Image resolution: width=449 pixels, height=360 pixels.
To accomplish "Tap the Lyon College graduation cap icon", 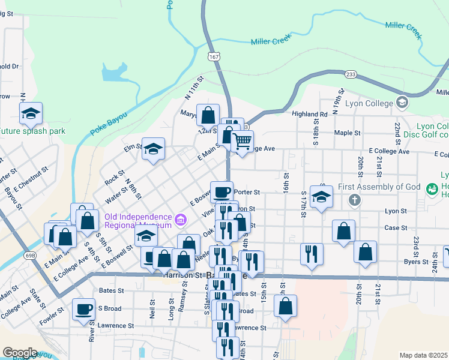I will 402,103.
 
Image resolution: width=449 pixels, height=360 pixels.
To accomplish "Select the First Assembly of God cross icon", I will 355,199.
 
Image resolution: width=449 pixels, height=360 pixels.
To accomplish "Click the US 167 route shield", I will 213,56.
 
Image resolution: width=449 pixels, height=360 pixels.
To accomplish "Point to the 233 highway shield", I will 351,74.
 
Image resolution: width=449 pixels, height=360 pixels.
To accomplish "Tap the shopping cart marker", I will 242,142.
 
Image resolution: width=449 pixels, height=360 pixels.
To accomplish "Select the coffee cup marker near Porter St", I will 221,191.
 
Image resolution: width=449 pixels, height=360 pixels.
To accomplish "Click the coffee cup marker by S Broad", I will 83,309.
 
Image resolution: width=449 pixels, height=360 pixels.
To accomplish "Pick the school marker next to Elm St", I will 153,148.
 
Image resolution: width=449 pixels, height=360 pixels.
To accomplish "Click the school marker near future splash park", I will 31,113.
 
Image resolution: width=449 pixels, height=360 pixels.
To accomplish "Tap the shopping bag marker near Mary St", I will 208,114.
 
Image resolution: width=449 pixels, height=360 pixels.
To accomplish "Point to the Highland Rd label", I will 309,114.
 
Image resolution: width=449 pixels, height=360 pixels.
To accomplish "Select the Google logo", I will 20,352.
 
